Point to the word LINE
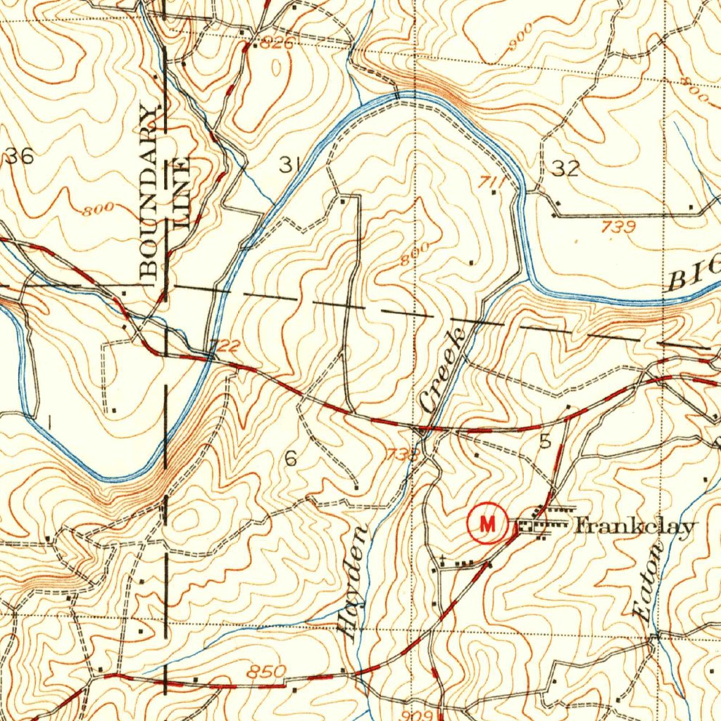pyautogui.click(x=182, y=194)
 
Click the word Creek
pyautogui.click(x=442, y=370)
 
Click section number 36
pyautogui.click(x=19, y=156)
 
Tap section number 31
pyautogui.click(x=287, y=165)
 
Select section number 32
pyautogui.click(x=565, y=168)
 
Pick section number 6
pyautogui.click(x=291, y=459)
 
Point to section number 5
pyautogui.click(x=545, y=441)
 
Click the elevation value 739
pyautogui.click(x=619, y=227)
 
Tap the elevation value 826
pyautogui.click(x=275, y=44)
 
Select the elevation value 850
pyautogui.click(x=267, y=672)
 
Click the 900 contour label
pyautogui.click(x=521, y=40)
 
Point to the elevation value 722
pyautogui.click(x=226, y=346)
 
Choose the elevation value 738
pyautogui.click(x=402, y=455)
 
